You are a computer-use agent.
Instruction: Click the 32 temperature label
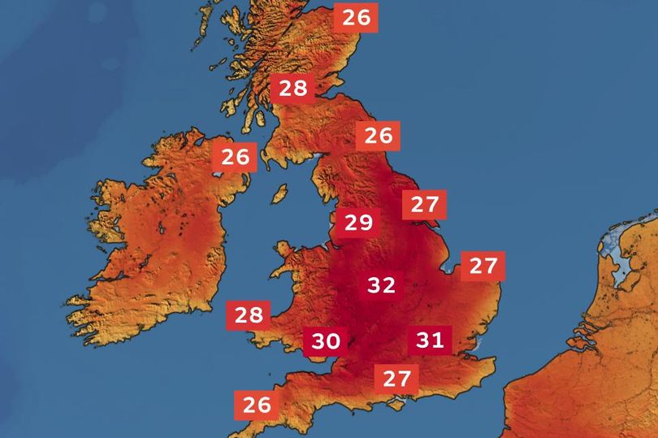(x=381, y=285)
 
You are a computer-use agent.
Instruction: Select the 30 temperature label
(x=325, y=341)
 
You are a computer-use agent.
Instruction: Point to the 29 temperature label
(x=357, y=222)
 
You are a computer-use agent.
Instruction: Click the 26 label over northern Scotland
(x=356, y=17)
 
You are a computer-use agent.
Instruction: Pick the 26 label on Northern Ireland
(x=236, y=156)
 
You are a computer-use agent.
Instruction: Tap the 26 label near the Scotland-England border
(x=378, y=135)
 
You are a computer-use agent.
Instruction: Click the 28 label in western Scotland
(x=292, y=88)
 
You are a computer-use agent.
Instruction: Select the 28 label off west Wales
(x=249, y=314)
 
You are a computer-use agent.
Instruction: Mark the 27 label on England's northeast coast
(x=424, y=204)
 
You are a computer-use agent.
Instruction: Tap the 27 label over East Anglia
(x=483, y=265)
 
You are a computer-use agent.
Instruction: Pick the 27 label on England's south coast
(x=396, y=378)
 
